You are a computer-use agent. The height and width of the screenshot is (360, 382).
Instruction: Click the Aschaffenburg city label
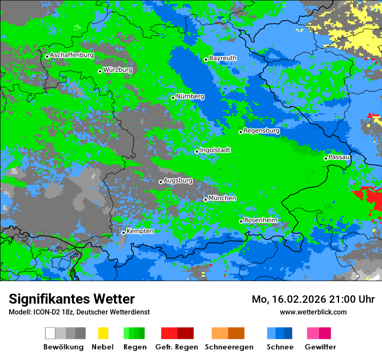pyautogui.click(x=72, y=55)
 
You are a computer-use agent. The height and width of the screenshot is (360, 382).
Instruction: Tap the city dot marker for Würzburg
pyautogui.click(x=100, y=71)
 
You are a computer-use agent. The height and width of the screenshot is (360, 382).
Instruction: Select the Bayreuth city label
pyautogui.click(x=223, y=58)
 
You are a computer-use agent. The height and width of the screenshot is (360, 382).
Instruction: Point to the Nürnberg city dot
pyautogui.click(x=173, y=98)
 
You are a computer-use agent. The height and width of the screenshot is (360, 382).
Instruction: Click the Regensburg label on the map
pyautogui.click(x=261, y=131)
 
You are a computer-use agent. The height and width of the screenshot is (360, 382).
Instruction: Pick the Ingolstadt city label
pyautogui.click(x=215, y=150)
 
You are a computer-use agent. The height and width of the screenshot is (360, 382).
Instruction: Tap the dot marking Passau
pyautogui.click(x=326, y=158)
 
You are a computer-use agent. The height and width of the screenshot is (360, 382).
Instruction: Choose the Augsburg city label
pyautogui.click(x=178, y=180)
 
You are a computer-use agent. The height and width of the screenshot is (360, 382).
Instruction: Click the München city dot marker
pyautogui.click(x=205, y=200)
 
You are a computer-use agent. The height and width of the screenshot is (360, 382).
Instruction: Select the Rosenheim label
pyautogui.click(x=260, y=220)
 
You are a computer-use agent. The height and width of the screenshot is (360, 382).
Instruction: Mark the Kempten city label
pyautogui.click(x=140, y=231)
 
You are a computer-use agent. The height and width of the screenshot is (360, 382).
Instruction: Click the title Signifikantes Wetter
pyautogui.click(x=72, y=299)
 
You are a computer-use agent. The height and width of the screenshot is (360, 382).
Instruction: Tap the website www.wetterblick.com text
pyautogui.click(x=313, y=312)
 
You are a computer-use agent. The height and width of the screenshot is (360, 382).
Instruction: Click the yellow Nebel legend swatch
pyautogui.click(x=103, y=333)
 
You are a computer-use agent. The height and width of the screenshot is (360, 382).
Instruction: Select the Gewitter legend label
pyautogui.click(x=320, y=347)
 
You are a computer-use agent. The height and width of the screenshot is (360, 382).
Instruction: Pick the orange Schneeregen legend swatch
pyautogui.click(x=220, y=333)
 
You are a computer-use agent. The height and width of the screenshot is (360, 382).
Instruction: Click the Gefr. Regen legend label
pyautogui.click(x=177, y=347)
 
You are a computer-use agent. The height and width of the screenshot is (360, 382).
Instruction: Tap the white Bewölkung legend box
pyautogui.click(x=50, y=333)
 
